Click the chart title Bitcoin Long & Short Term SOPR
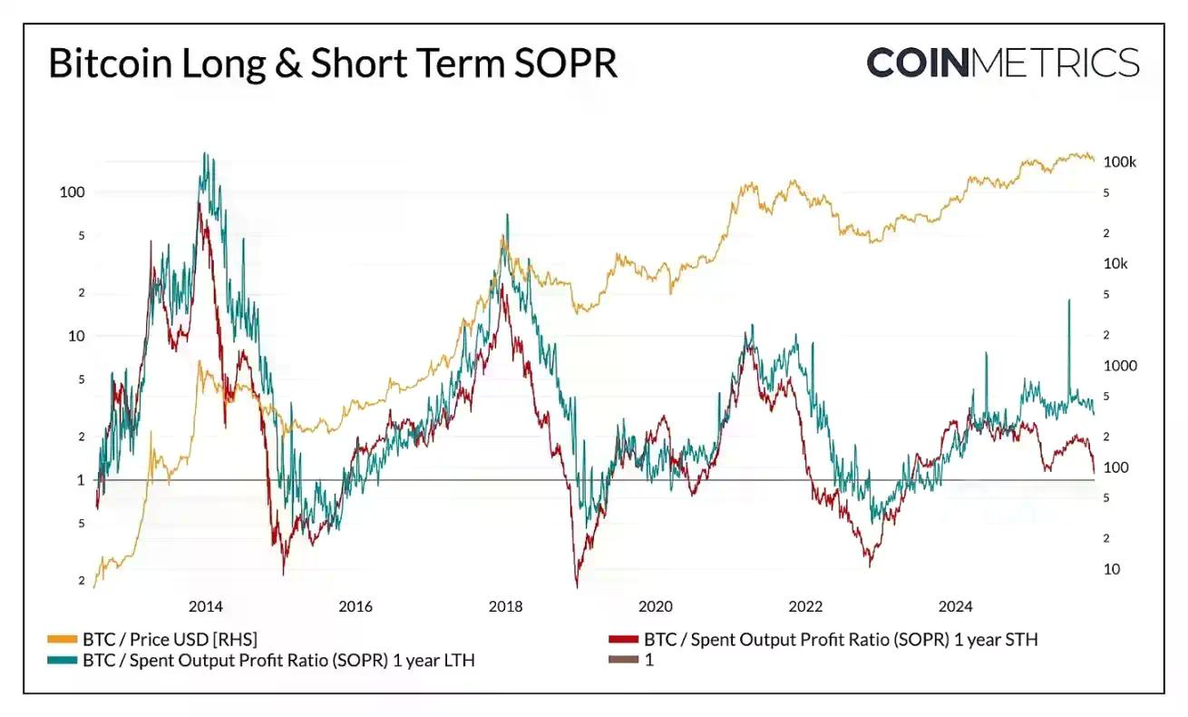click(332, 65)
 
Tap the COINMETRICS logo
click(1002, 64)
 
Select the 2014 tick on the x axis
click(206, 606)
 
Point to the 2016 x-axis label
click(355, 606)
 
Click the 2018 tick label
click(505, 606)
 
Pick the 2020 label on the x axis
click(655, 606)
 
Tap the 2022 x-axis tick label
click(805, 606)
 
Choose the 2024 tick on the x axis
click(955, 606)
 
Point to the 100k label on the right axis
click(1119, 162)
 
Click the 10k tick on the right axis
click(1115, 264)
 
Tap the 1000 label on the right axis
click(1119, 366)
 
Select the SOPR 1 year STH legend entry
click(840, 640)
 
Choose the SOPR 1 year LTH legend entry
click(278, 661)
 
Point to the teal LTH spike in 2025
click(1069, 301)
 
